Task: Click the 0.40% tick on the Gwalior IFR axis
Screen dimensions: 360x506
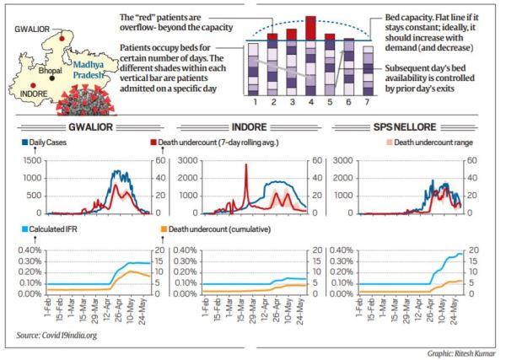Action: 25,250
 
